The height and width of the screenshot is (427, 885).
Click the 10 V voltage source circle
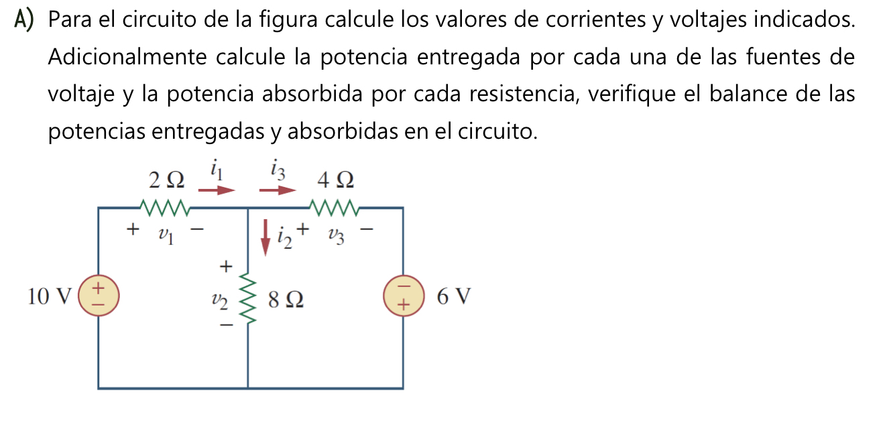(99, 296)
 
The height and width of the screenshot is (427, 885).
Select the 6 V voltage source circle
(403, 296)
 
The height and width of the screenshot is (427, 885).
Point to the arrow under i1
(217, 190)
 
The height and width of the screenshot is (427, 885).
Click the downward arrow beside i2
(265, 238)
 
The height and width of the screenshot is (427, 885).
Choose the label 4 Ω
(335, 180)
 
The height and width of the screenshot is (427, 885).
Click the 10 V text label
(49, 296)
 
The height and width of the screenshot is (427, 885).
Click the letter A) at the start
(24, 21)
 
